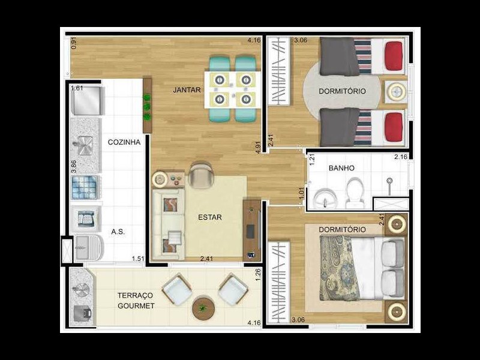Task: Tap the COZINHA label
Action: [124, 142]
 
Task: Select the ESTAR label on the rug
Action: [210, 217]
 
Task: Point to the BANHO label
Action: [341, 169]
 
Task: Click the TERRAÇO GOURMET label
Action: [136, 301]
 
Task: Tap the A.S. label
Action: [118, 231]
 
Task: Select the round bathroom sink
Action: [322, 197]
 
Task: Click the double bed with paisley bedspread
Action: [354, 267]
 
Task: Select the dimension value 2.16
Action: [401, 157]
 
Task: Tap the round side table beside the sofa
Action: [160, 179]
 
